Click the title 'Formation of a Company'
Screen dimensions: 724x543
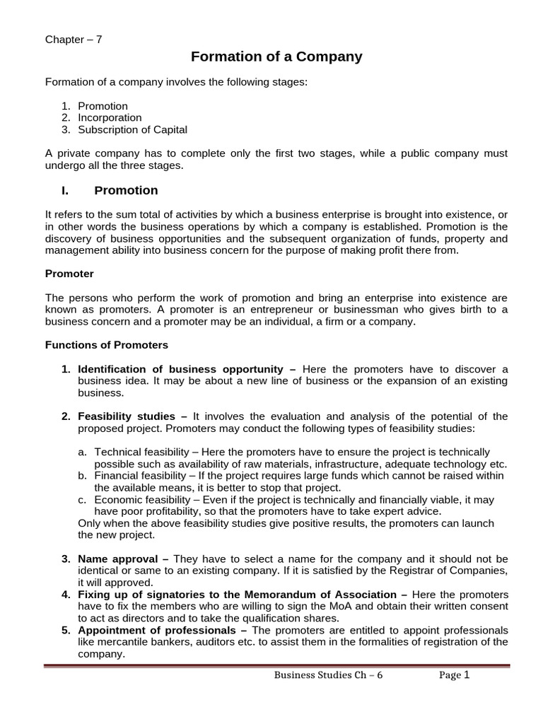tap(276, 57)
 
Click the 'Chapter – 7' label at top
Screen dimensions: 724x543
tap(74, 40)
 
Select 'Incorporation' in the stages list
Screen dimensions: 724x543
tap(110, 117)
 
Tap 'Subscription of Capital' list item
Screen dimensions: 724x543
tap(132, 129)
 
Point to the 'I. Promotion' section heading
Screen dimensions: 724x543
tap(110, 190)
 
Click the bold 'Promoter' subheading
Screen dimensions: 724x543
tap(69, 273)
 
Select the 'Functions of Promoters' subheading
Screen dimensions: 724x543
tap(107, 345)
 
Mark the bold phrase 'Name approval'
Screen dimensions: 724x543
tap(117, 559)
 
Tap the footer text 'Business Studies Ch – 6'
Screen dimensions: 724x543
tap(334, 675)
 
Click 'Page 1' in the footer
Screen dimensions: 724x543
tap(454, 675)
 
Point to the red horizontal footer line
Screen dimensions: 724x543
tap(276, 665)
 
